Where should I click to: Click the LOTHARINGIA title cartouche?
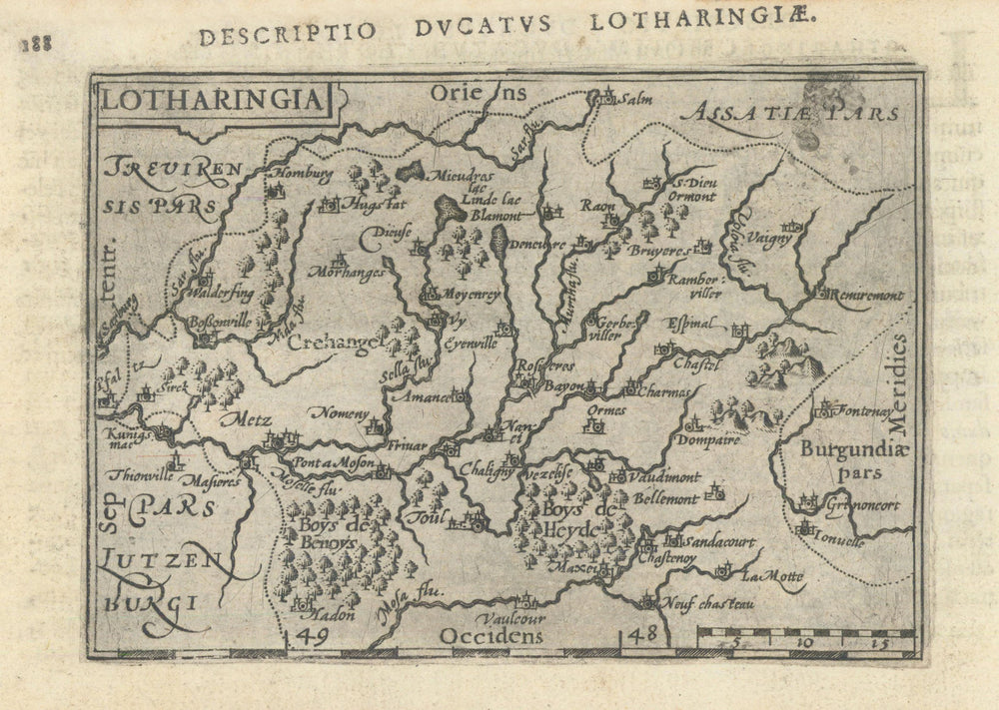tap(211, 100)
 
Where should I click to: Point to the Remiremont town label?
tap(868, 296)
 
